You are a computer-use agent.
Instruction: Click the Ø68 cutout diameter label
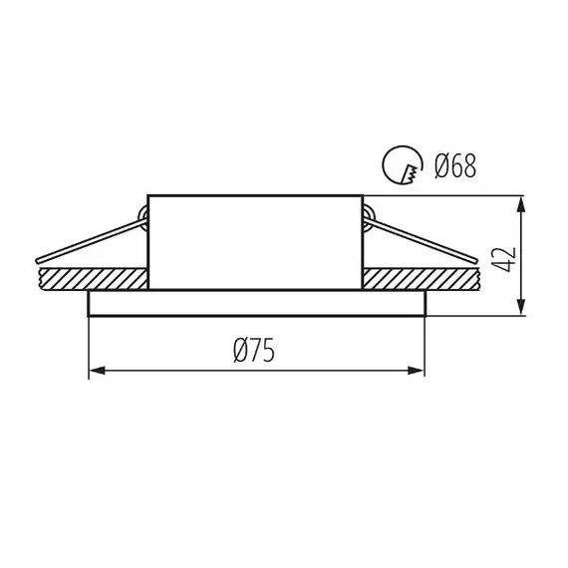455,165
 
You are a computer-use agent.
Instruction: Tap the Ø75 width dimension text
254,350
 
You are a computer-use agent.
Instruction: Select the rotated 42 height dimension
505,259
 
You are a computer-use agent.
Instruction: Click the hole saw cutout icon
403,164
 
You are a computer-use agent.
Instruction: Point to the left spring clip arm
91,240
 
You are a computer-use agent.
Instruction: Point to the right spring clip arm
421,240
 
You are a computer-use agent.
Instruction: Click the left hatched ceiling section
94,279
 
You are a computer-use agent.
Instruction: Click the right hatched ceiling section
421,279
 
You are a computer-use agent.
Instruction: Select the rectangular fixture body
255,242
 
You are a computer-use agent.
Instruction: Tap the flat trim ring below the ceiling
257,303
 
